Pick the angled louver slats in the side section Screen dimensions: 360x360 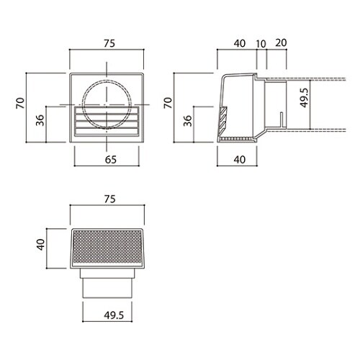(224, 115)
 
